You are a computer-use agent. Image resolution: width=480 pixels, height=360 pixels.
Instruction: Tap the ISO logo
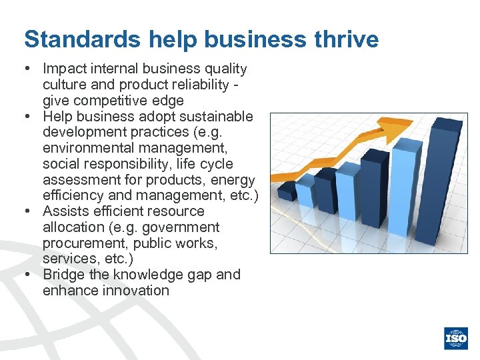pos(457,339)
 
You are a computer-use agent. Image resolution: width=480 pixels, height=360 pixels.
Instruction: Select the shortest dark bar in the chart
pos(287,192)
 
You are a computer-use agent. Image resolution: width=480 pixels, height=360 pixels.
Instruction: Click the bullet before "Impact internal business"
pos(31,69)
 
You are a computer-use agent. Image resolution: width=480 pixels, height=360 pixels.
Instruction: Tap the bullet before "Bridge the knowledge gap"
pos(31,275)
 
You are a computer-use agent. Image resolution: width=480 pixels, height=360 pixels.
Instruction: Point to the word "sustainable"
pos(217,117)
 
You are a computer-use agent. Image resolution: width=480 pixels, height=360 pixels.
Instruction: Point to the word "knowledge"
pos(143,275)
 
